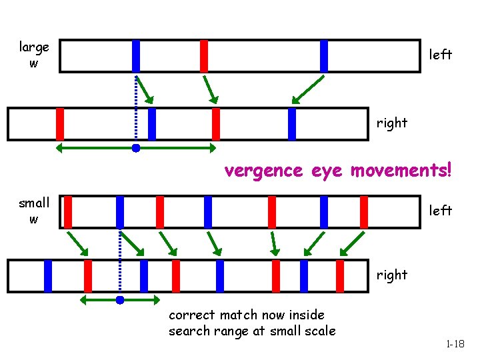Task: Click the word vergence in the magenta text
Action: [x=263, y=171]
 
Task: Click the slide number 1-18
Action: [x=455, y=344]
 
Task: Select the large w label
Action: [x=34, y=55]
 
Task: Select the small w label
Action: [x=34, y=211]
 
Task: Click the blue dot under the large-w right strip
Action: [x=136, y=148]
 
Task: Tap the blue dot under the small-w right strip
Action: [x=120, y=300]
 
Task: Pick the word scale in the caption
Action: [x=321, y=331]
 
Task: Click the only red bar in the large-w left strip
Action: [x=204, y=56]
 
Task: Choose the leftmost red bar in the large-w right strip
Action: [x=60, y=124]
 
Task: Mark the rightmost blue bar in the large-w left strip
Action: [x=324, y=56]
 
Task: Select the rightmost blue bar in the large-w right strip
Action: [x=292, y=124]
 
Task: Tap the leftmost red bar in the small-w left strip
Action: [x=68, y=212]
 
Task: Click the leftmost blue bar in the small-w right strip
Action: [x=48, y=276]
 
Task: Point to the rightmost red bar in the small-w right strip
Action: [x=340, y=276]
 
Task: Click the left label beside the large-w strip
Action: [x=441, y=55]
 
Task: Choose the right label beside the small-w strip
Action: [x=392, y=275]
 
